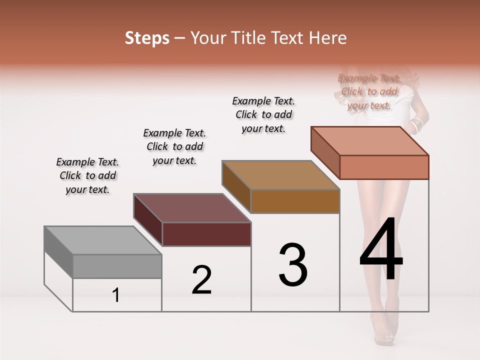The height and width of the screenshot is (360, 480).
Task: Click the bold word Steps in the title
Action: (x=147, y=38)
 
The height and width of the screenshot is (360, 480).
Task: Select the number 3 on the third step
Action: (x=293, y=265)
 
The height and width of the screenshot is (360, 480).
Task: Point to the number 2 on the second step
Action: (x=202, y=280)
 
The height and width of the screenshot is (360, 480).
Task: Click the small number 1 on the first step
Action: (x=116, y=295)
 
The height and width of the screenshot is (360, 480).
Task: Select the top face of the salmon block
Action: (x=370, y=140)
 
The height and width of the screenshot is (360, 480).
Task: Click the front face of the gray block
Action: (x=117, y=266)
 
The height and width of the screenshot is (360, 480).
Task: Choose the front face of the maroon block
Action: (x=206, y=234)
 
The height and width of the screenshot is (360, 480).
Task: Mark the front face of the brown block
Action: (x=295, y=201)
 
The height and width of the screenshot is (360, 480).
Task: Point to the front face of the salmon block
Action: (x=384, y=167)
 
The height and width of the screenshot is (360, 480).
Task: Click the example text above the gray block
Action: (x=87, y=175)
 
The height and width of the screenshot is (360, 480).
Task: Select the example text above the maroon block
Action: (x=174, y=146)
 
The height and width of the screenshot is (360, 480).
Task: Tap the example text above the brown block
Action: (x=263, y=114)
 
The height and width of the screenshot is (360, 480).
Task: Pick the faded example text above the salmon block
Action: (x=369, y=91)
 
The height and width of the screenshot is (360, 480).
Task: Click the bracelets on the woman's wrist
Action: (x=416, y=124)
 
